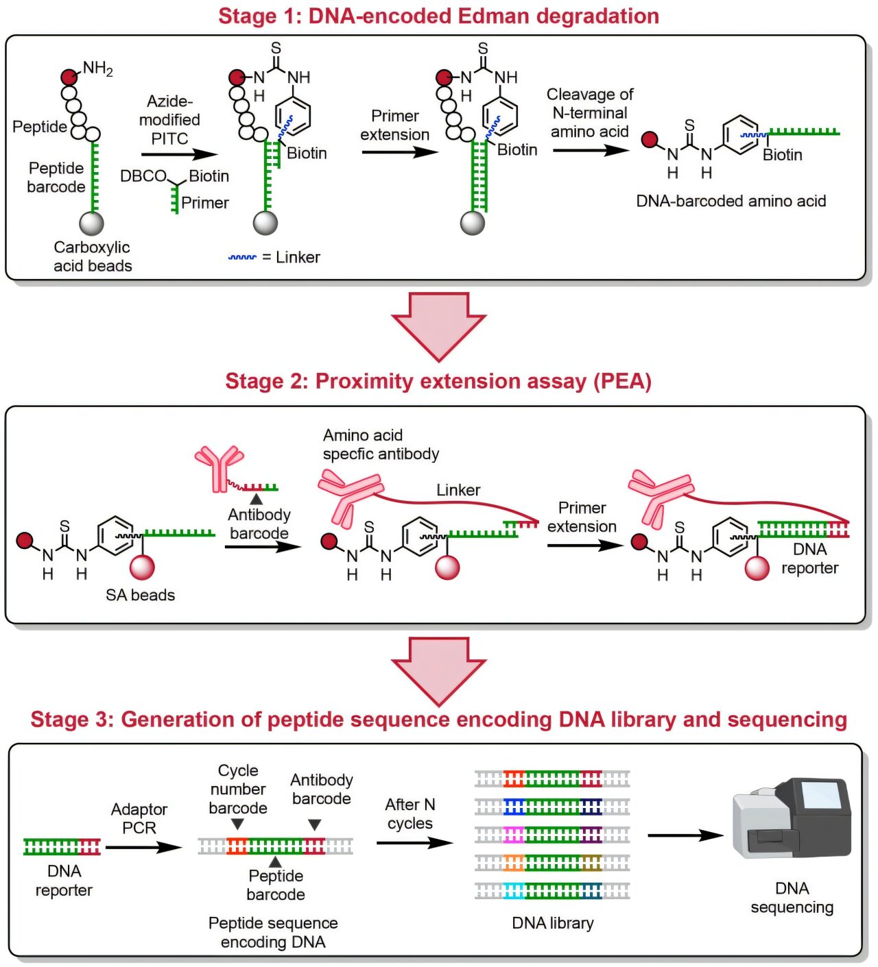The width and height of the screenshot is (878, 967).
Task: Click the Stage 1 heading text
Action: tap(438, 16)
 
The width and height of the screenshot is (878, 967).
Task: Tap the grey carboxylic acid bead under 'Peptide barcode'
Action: tap(92, 223)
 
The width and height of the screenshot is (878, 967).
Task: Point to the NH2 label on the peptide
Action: tap(97, 68)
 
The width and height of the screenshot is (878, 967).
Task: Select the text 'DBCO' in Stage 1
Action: tap(143, 176)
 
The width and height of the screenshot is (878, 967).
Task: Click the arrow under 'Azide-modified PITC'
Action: tap(178, 155)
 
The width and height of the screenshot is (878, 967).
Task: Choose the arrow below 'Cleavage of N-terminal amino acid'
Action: tap(590, 150)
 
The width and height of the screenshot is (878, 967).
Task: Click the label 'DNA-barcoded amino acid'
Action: tap(731, 201)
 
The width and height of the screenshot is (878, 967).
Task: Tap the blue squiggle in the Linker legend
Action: tap(242, 258)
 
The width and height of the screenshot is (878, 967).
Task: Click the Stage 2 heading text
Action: tap(438, 381)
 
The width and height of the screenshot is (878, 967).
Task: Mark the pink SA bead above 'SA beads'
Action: tap(142, 567)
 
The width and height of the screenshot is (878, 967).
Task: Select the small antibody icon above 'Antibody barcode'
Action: tap(219, 467)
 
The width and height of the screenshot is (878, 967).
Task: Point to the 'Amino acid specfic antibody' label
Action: tap(381, 444)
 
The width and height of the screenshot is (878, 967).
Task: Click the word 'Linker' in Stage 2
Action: tap(458, 490)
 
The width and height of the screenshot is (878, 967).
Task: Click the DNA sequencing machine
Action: tap(792, 818)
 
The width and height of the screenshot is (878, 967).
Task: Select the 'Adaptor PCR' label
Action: tap(139, 818)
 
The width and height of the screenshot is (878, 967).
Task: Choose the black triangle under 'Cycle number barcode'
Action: tap(237, 824)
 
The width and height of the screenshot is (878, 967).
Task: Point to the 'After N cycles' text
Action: tap(410, 813)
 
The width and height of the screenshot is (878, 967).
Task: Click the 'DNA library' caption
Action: tap(553, 923)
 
